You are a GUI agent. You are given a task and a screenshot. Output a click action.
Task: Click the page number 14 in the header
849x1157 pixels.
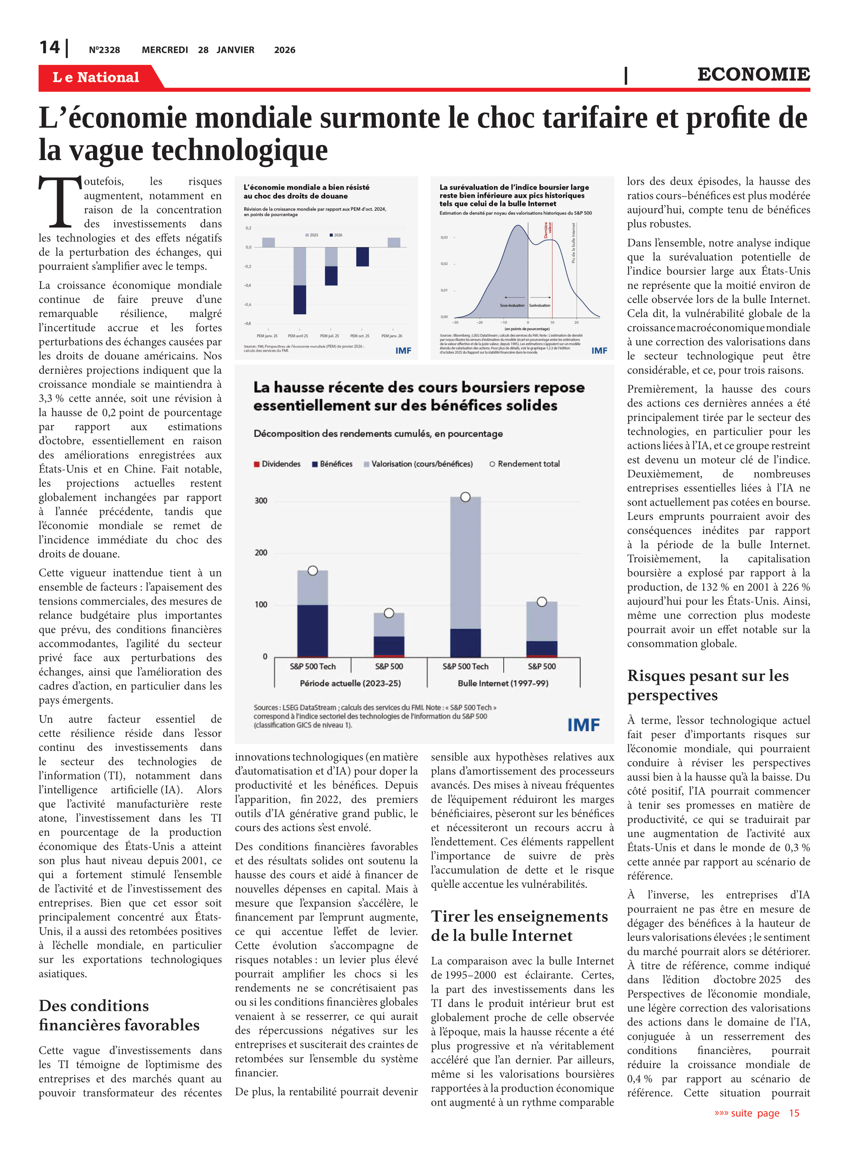pyautogui.click(x=50, y=48)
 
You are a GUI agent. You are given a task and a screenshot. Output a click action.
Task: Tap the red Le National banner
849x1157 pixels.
pyautogui.click(x=96, y=77)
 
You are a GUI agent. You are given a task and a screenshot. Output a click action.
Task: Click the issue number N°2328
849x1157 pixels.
pyautogui.click(x=104, y=50)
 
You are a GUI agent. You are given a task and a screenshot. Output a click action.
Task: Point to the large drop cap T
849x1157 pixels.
pyautogui.click(x=60, y=202)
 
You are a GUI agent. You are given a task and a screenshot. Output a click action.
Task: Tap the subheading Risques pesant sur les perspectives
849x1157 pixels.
pyautogui.click(x=708, y=685)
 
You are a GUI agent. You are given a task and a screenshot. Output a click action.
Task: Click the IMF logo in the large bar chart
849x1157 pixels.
pyautogui.click(x=583, y=725)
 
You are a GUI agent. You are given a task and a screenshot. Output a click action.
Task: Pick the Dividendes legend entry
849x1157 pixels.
pyautogui.click(x=277, y=464)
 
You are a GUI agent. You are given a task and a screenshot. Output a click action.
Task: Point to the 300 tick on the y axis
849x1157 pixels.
pyautogui.click(x=261, y=501)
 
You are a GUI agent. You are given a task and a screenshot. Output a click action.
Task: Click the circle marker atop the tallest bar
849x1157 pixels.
pyautogui.click(x=465, y=497)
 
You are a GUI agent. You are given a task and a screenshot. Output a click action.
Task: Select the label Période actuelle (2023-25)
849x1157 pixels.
pyautogui.click(x=350, y=683)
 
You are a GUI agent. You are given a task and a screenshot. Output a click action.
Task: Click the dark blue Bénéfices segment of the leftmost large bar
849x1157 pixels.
pyautogui.click(x=313, y=630)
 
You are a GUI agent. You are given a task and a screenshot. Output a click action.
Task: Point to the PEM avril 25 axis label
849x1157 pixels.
pyautogui.click(x=298, y=336)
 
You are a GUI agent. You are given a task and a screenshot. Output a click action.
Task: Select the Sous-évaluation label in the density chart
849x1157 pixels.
pyautogui.click(x=512, y=305)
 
